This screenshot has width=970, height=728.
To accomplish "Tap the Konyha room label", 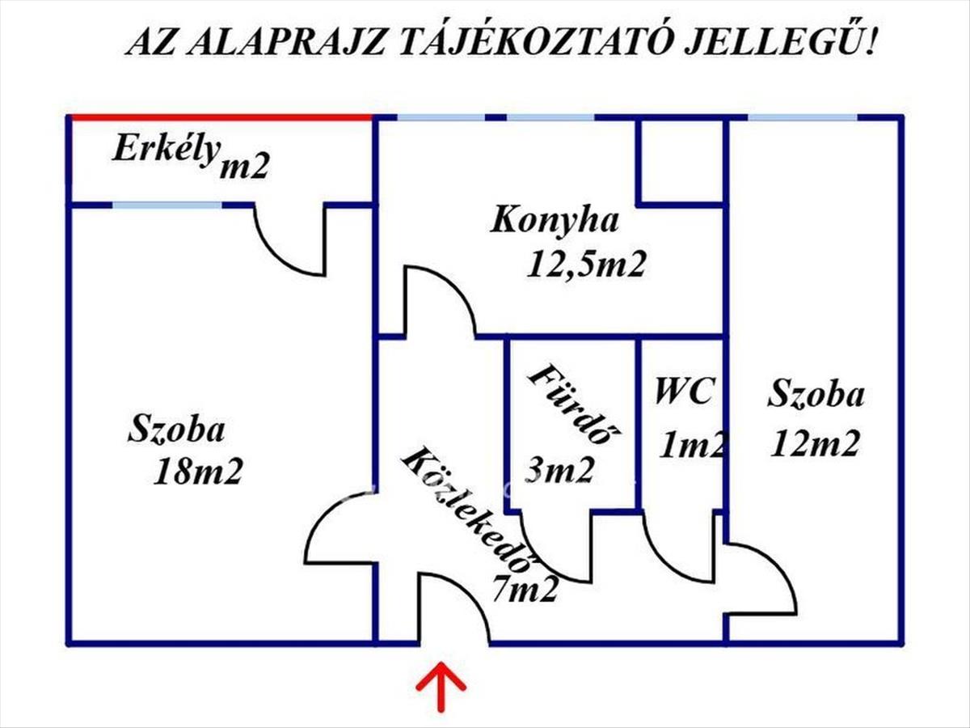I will click(555, 221).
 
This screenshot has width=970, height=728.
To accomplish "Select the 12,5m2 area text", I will click(586, 265).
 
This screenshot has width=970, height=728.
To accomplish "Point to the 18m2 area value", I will click(199, 472).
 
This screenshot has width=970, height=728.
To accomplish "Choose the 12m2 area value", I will click(814, 443).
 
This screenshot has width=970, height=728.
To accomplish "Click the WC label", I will click(684, 392).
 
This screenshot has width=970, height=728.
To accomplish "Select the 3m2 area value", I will click(559, 469).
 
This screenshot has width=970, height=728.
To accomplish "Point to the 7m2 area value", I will click(525, 590).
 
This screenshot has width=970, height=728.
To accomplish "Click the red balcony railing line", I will click(221, 118).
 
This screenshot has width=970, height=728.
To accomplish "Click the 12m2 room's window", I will click(802, 118).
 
